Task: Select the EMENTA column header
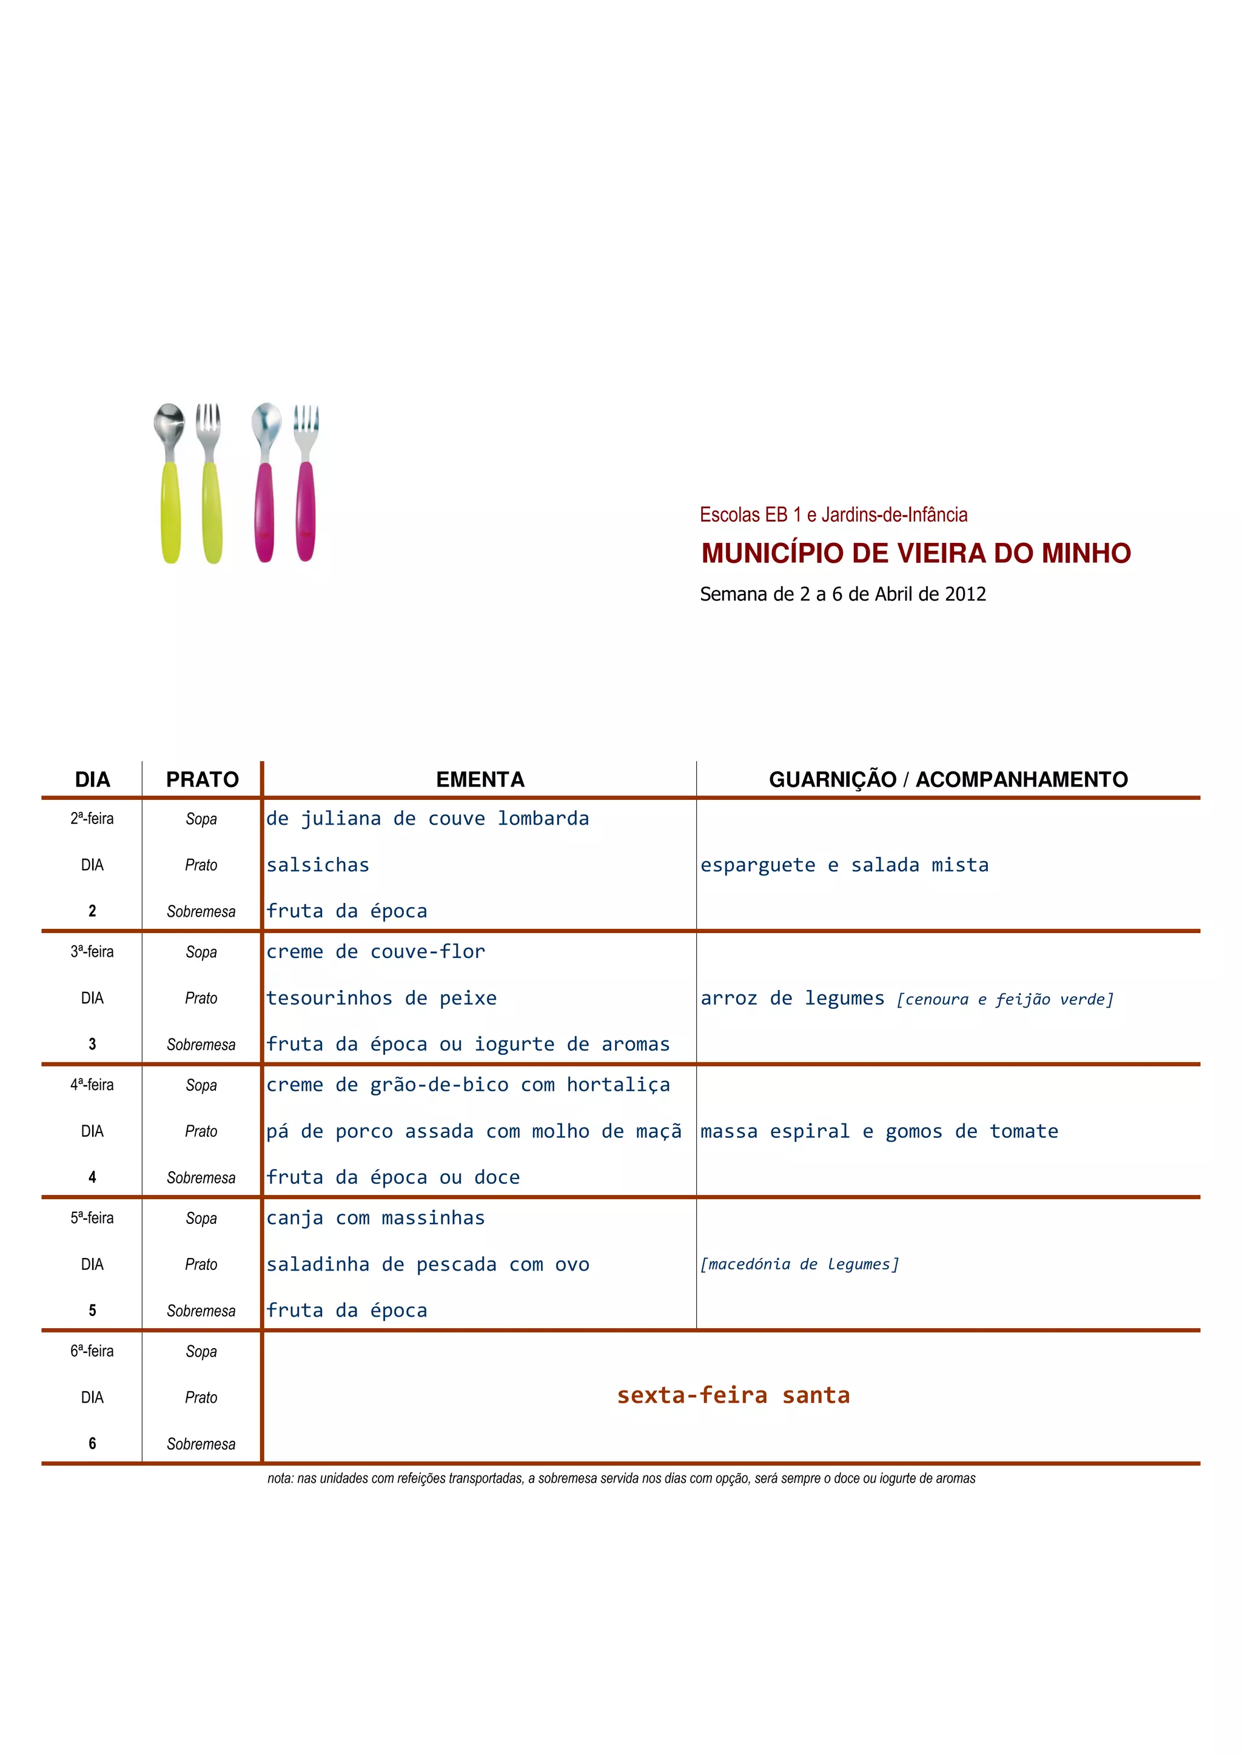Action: pos(480,779)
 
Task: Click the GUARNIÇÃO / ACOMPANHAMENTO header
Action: pos(947,779)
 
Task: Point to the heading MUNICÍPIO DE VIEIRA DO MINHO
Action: pos(915,553)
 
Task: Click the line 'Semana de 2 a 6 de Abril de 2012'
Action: pos(842,594)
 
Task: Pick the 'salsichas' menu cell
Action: pos(318,865)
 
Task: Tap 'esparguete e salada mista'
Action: pos(844,865)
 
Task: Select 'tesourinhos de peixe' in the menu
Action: pos(381,998)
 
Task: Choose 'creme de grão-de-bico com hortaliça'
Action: pos(468,1085)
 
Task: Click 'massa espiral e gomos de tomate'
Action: pos(879,1131)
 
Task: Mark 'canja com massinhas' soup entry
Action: pos(375,1217)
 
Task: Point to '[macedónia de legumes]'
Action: pos(800,1264)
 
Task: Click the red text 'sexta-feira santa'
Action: pos(733,1395)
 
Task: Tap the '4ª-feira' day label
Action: pos(92,1085)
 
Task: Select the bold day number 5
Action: pos(92,1310)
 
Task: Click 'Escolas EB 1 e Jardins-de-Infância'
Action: pos(833,514)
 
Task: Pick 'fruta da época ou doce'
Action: pos(392,1177)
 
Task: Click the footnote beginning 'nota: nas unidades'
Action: pos(620,1478)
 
